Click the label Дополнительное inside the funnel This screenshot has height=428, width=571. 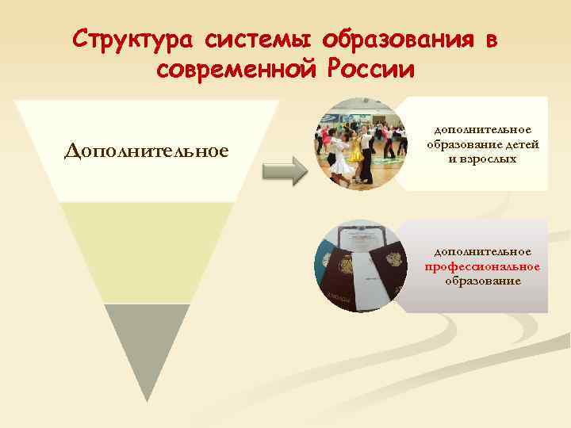tap(147, 151)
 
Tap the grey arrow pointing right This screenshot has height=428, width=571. tap(284, 170)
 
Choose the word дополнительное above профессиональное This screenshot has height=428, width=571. tap(482, 251)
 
